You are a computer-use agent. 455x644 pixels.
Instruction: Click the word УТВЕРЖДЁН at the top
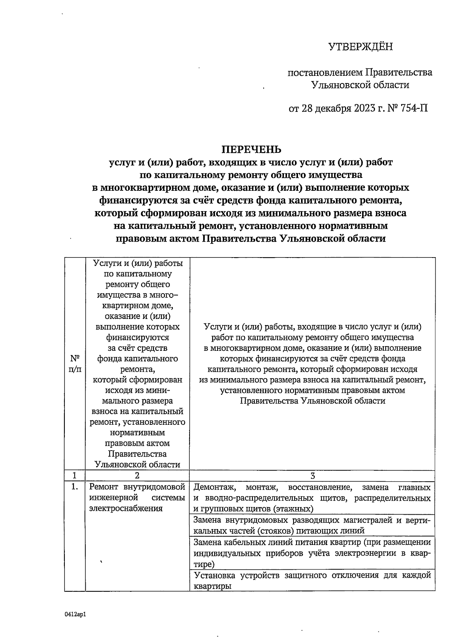pyautogui.click(x=360, y=47)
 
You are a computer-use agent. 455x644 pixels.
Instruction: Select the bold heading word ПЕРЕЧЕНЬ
pyautogui.click(x=252, y=149)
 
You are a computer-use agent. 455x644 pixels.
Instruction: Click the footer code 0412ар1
pyautogui.click(x=75, y=614)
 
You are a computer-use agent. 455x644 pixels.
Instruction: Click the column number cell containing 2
pyautogui.click(x=137, y=476)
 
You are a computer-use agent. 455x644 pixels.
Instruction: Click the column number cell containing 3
pyautogui.click(x=312, y=476)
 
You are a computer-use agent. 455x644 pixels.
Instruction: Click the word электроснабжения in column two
pyautogui.click(x=126, y=508)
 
